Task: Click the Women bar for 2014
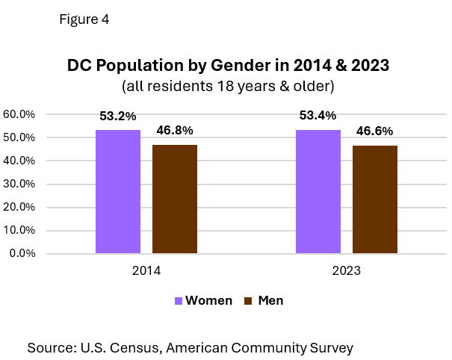click(118, 192)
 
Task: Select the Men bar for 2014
click(175, 199)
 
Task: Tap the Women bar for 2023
click(318, 192)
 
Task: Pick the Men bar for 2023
click(375, 199)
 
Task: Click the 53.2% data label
click(118, 117)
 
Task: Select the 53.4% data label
click(318, 116)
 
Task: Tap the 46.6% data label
click(375, 132)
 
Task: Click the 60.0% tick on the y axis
click(19, 115)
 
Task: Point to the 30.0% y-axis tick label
click(19, 184)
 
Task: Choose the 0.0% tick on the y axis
click(22, 254)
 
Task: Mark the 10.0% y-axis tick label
click(19, 231)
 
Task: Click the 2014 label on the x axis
click(146, 270)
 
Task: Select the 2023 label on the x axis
click(346, 270)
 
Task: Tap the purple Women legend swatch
click(179, 301)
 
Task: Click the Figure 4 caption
click(83, 20)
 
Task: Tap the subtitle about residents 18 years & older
click(226, 86)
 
